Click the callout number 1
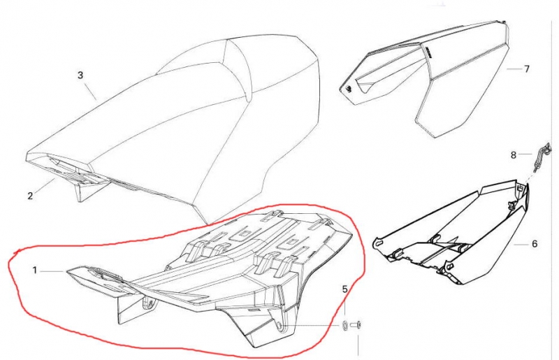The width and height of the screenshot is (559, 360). [34, 271]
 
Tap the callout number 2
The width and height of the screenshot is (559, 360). [30, 196]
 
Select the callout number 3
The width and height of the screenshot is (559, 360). [80, 75]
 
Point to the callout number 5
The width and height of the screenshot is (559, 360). [344, 289]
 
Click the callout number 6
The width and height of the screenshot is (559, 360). [535, 244]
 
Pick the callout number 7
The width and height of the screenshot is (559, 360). [527, 69]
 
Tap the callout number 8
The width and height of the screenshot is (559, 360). [514, 155]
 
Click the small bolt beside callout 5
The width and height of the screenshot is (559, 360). [357, 324]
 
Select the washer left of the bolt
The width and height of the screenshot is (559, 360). [344, 325]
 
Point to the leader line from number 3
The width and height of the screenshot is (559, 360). [91, 90]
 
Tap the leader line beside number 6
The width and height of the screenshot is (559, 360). [521, 245]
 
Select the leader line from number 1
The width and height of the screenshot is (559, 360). [52, 271]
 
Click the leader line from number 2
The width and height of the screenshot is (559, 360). [45, 185]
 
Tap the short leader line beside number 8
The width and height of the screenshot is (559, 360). [525, 154]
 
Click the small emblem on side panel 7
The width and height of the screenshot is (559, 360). [348, 89]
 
